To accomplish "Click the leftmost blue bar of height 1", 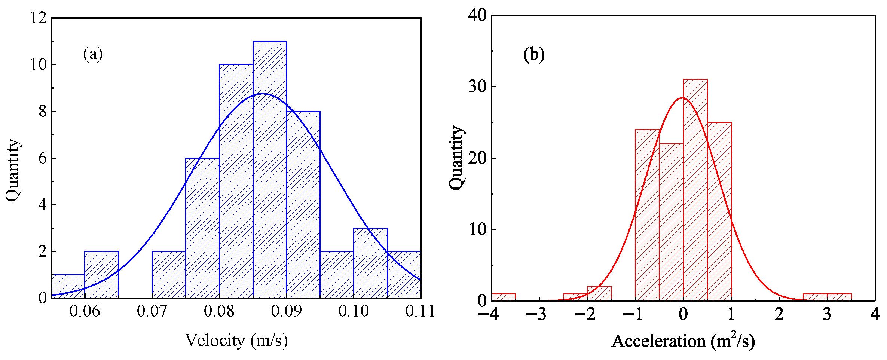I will [68, 286].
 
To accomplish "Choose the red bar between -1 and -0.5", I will [647, 215].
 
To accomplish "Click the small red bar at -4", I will [503, 297].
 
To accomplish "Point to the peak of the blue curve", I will [262, 94].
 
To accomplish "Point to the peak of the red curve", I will [682, 98].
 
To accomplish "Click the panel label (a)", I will [93, 54].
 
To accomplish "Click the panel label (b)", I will [534, 55].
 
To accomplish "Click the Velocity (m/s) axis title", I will [236, 341].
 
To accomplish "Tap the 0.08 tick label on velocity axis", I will [219, 311].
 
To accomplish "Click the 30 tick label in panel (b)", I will [477, 86].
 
